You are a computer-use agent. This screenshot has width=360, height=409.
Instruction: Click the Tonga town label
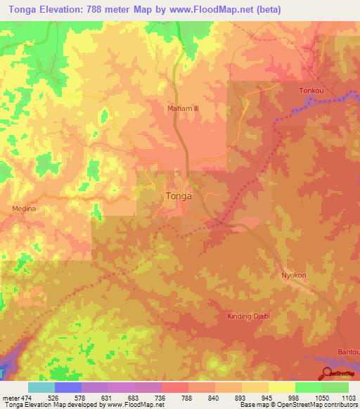click(179, 196)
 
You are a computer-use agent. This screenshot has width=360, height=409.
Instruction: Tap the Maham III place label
click(184, 109)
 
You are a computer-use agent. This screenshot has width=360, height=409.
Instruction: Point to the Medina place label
click(24, 209)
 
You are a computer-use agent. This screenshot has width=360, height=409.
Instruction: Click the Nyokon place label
click(295, 275)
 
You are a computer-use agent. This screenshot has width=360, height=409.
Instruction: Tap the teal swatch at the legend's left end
click(41, 387)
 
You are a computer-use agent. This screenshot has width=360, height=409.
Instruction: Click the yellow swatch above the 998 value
click(281, 387)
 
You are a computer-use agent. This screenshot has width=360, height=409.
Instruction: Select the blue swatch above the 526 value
click(68, 387)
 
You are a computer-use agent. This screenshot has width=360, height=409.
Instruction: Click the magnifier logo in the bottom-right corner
click(328, 375)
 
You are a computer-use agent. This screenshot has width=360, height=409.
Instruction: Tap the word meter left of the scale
click(11, 397)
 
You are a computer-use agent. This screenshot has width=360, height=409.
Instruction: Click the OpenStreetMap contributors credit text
click(316, 405)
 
